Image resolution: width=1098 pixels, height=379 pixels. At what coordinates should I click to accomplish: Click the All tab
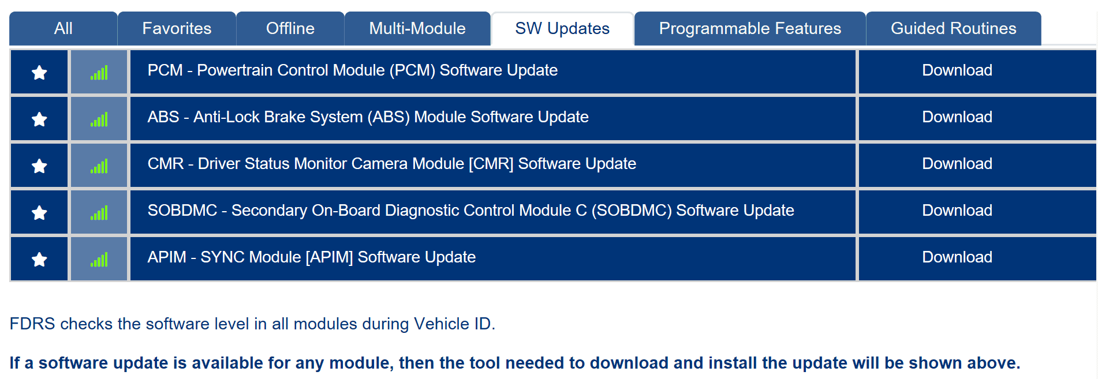tap(64, 28)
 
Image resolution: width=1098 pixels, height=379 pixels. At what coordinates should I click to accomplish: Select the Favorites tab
tap(177, 28)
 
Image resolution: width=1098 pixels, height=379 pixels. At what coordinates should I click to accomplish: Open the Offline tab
tap(290, 28)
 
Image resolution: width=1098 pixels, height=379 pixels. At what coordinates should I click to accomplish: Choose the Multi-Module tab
tap(417, 28)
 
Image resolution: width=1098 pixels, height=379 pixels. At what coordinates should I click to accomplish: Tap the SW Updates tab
tap(562, 28)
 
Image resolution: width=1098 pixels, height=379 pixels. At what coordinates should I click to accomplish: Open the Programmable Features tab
tap(750, 28)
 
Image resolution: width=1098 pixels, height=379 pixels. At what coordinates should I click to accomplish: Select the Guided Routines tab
tap(954, 28)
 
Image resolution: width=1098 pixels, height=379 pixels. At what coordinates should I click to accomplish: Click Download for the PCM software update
tap(957, 70)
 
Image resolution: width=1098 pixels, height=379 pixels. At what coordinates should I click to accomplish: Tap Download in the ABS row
tap(957, 117)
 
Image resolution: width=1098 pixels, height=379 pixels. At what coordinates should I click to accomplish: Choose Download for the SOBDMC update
tap(957, 211)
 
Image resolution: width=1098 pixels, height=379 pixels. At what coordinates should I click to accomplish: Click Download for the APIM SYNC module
tap(957, 257)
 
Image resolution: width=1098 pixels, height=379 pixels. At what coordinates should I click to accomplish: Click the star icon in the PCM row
tap(39, 73)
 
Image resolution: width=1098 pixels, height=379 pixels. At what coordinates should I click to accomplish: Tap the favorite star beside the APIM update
tap(39, 260)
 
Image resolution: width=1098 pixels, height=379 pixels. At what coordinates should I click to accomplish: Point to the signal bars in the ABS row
tap(99, 119)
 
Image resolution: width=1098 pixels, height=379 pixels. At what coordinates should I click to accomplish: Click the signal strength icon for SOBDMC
tap(99, 213)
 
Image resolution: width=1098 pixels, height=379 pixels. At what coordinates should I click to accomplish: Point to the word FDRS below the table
tap(32, 324)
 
